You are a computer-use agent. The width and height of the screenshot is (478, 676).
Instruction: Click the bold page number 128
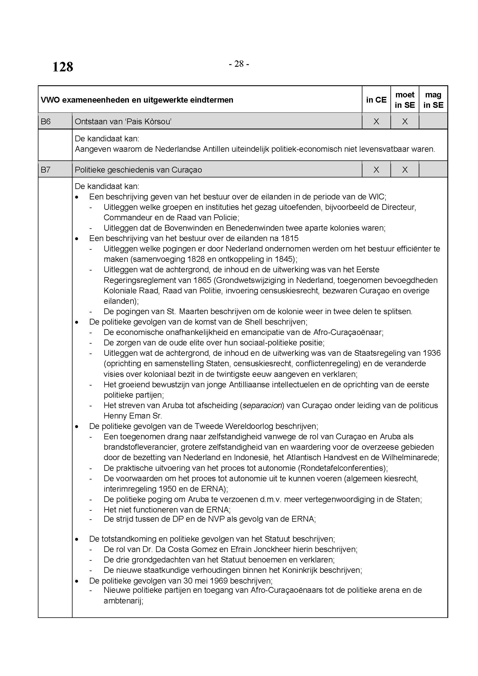pyautogui.click(x=63, y=67)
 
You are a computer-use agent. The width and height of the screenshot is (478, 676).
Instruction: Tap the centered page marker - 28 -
pyautogui.click(x=239, y=64)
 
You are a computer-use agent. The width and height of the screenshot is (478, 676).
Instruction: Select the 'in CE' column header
pyautogui.click(x=376, y=100)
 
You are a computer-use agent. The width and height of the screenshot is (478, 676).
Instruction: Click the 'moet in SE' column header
pyautogui.click(x=405, y=100)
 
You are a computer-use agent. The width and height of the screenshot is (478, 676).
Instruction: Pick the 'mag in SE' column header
pyautogui.click(x=433, y=100)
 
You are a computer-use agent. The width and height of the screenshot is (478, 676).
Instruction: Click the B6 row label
pyautogui.click(x=46, y=121)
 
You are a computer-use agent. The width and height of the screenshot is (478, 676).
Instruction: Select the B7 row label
pyautogui.click(x=46, y=170)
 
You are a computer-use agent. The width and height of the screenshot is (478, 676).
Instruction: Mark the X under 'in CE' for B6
pyautogui.click(x=376, y=121)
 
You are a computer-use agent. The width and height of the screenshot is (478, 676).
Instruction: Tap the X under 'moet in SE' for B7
pyautogui.click(x=405, y=170)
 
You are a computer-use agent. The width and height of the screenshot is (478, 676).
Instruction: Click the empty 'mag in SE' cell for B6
pyautogui.click(x=433, y=121)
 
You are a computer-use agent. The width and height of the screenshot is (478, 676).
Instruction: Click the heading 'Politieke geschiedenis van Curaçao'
pyautogui.click(x=138, y=170)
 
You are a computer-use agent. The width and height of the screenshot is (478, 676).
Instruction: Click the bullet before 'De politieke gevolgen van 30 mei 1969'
pyautogui.click(x=77, y=581)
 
